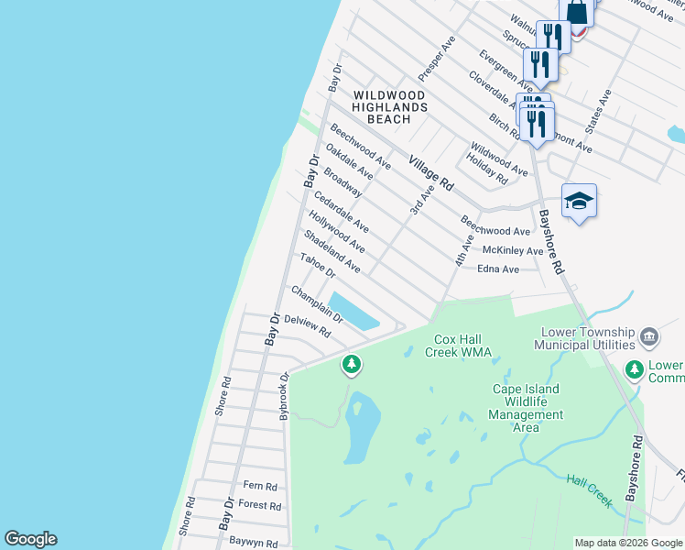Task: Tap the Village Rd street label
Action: tap(431, 171)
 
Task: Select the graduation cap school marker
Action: tap(579, 201)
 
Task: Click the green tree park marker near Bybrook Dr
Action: tap(351, 365)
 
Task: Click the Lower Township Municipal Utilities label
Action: tap(588, 337)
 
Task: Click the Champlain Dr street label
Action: tap(317, 304)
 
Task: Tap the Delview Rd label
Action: tap(307, 326)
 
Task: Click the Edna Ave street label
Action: tap(498, 269)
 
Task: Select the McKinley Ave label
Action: tap(513, 250)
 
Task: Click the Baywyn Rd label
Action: tap(253, 542)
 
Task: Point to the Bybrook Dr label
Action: tap(285, 396)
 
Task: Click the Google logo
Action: tap(31, 539)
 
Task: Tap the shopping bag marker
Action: tap(577, 13)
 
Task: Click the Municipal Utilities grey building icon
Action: tap(649, 337)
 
